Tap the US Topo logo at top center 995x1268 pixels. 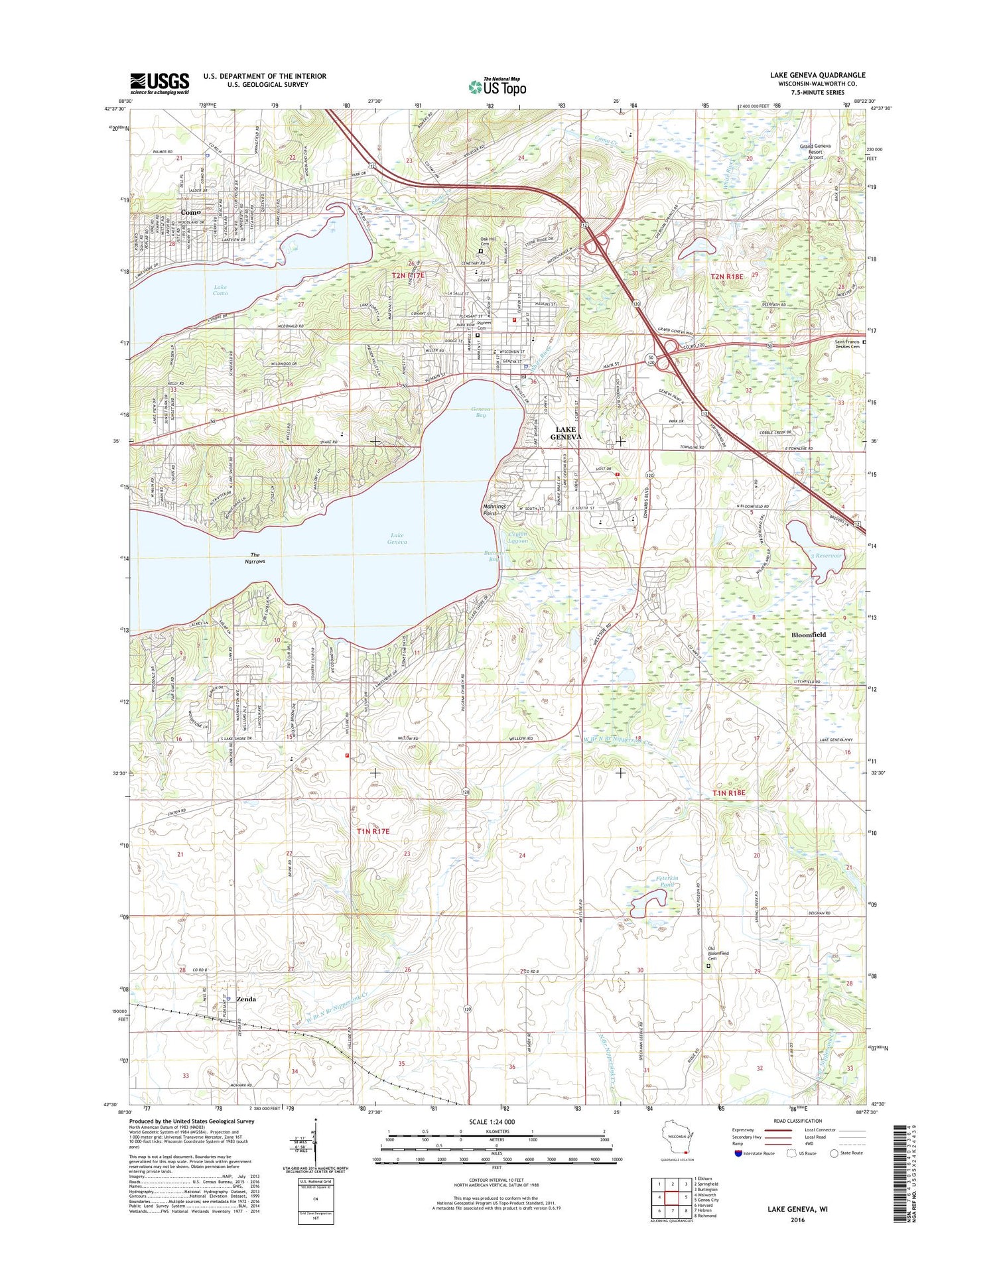coord(497,86)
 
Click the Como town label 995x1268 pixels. coord(190,212)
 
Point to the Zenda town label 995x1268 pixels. coord(246,999)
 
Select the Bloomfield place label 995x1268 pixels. coord(809,635)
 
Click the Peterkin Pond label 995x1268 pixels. coord(667,882)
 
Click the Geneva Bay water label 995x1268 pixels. coord(480,412)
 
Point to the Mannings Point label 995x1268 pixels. coord(494,510)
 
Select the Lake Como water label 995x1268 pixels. coord(220,290)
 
